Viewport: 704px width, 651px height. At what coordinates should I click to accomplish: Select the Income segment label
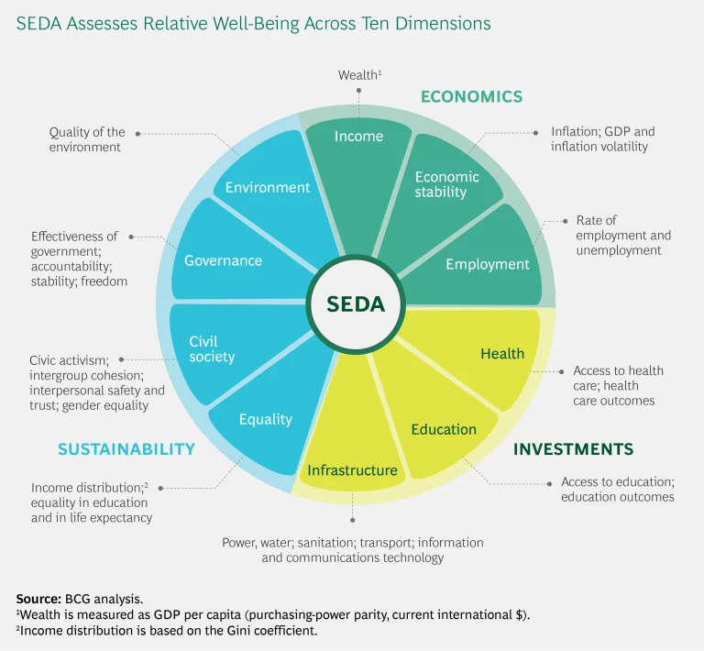pos(358,137)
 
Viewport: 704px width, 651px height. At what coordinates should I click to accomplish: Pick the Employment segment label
pos(488,264)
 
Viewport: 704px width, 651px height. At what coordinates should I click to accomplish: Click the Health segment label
pos(502,354)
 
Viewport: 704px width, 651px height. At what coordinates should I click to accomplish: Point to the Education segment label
pos(444,429)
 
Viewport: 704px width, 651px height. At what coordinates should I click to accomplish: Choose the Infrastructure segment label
pos(352,470)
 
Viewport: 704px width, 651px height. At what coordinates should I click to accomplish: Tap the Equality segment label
pos(265,420)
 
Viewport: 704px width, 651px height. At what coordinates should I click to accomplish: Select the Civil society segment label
pos(212,348)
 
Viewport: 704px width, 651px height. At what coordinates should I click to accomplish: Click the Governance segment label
pos(223,260)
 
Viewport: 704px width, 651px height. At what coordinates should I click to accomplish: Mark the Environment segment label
pos(268,187)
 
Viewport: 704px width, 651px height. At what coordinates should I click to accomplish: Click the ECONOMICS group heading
pos(471,96)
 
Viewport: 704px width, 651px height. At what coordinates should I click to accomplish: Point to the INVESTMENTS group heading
pos(573,449)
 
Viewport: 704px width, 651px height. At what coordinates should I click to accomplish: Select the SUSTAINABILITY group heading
pos(126,449)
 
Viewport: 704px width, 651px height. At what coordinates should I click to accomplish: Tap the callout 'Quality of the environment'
pos(87,139)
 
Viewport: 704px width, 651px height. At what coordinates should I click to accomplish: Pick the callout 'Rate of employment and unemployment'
pos(622,236)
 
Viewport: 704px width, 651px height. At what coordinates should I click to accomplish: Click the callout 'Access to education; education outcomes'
pos(618,490)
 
